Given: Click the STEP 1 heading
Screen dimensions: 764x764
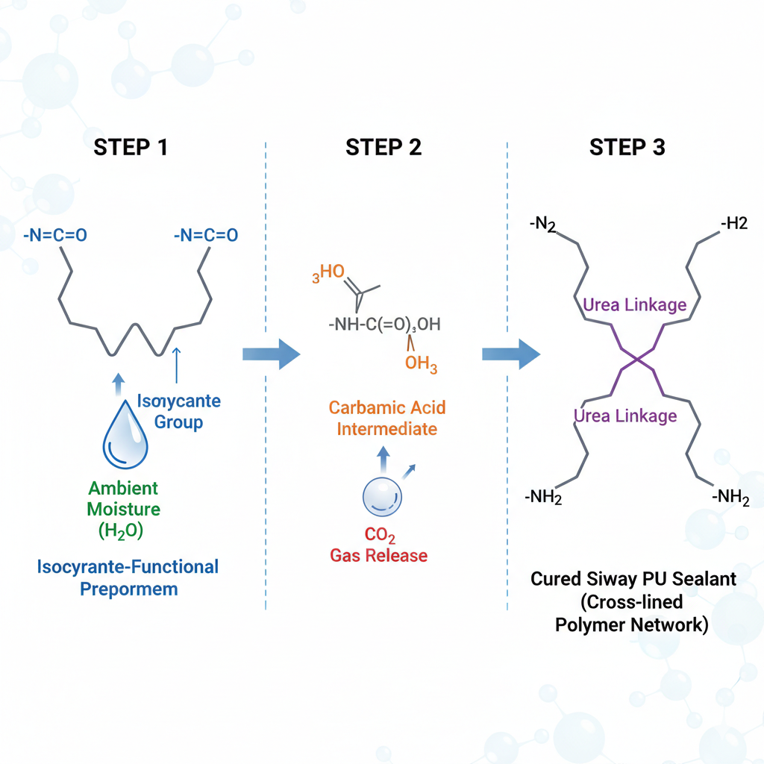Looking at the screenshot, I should pos(131,147).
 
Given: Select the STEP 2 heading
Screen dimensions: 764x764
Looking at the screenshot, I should pos(383,147).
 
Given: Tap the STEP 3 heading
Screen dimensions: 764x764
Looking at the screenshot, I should pos(627,147).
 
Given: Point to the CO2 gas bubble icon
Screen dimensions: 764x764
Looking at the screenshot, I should pos(382,497).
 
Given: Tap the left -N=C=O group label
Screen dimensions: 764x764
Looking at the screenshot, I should pos(54,236).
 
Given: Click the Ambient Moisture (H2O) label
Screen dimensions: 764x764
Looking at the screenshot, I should pos(124,510).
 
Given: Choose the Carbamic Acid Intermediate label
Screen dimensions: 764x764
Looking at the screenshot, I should pos(386,419).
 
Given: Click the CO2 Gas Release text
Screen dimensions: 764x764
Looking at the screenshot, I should pos(379,545).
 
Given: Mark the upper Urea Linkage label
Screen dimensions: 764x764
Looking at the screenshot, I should pos(634,304).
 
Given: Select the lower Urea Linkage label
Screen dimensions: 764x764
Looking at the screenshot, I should pos(625,416).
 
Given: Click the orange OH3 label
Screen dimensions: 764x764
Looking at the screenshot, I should pos(421,365).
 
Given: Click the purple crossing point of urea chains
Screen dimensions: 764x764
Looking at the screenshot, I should pos(636,360).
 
